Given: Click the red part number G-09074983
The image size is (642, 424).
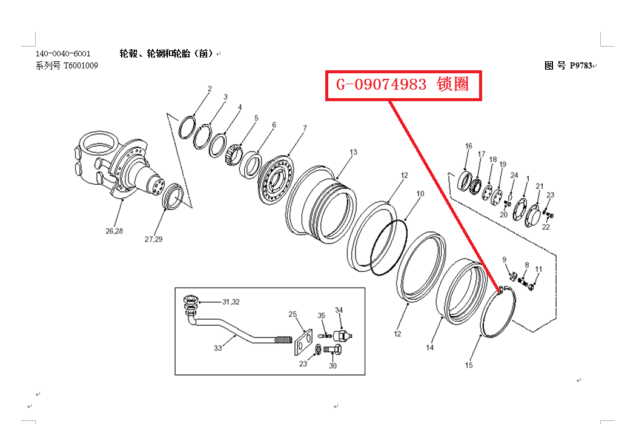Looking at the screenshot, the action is click(381, 85).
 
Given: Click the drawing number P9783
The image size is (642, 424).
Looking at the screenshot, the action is click(581, 65).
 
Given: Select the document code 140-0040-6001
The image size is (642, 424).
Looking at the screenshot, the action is click(63, 54).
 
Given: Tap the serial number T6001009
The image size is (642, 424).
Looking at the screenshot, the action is click(81, 65).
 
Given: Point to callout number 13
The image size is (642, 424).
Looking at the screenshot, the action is click(353, 152).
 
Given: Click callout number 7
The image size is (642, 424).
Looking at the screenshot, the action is click(305, 128).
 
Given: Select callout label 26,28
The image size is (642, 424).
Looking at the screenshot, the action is click(114, 231).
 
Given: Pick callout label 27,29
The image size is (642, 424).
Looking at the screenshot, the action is click(154, 239).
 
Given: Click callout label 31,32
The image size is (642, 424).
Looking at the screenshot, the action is click(231, 302).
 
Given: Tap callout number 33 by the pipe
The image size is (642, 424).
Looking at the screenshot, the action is click(218, 348).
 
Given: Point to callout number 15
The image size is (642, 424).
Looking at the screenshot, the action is click(469, 365).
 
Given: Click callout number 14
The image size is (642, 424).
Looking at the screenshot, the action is click(429, 348).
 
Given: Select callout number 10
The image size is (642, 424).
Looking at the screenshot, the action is click(420, 194).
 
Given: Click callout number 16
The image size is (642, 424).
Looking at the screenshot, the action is click(468, 146).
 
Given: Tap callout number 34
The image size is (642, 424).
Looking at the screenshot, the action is click(339, 310).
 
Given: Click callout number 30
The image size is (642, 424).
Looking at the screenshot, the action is click(333, 366).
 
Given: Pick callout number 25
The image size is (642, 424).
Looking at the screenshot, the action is click(293, 314).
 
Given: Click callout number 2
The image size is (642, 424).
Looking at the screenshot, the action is click(210, 89).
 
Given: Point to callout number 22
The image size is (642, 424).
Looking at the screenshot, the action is click(546, 227).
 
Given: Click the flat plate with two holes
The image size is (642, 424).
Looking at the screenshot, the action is click(303, 342).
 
